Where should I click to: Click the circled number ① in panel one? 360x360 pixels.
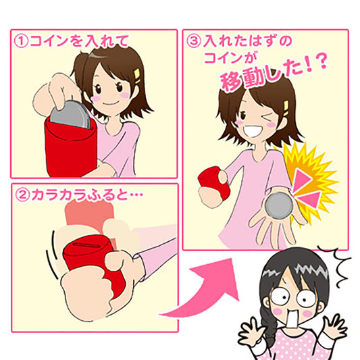point(22,41)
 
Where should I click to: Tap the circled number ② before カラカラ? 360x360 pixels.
point(22,195)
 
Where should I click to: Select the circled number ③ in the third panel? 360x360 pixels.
point(194,41)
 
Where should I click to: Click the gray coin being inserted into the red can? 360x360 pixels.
point(70,114)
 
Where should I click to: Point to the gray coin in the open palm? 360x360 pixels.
point(279,206)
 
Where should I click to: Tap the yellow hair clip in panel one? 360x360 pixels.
point(137,76)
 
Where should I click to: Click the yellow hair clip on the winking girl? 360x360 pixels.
point(286,108)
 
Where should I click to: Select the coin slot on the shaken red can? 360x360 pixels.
point(87,245)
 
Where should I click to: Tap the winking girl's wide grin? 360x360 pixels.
point(253,132)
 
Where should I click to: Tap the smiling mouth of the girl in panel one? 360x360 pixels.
point(109,103)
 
